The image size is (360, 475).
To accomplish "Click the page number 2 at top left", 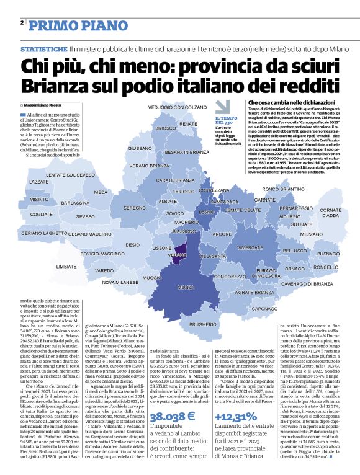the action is (x=22, y=22).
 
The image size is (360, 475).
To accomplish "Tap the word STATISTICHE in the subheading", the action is (x=43, y=49).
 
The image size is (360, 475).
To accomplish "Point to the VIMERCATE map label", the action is (x=250, y=246).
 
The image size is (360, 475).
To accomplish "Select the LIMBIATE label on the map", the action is (x=66, y=266).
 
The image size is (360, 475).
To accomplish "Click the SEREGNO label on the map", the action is (x=134, y=208).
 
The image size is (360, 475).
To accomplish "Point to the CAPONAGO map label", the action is (x=264, y=308).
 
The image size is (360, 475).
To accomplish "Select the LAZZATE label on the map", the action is (x=39, y=182).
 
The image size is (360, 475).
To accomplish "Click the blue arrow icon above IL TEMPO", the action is (x=222, y=106).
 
